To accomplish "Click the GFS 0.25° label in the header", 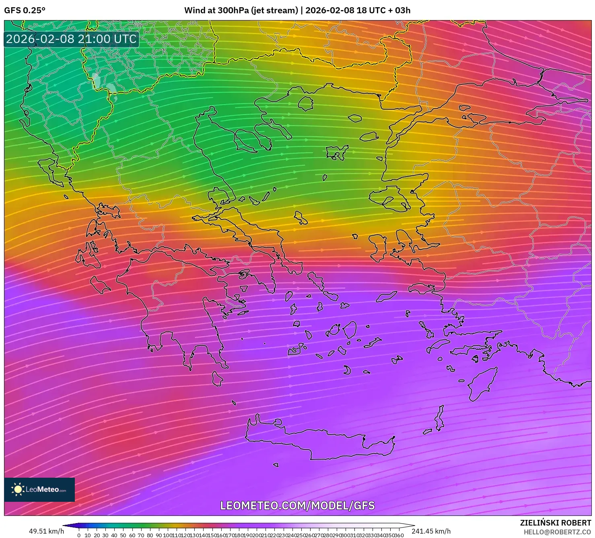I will tap(25, 10).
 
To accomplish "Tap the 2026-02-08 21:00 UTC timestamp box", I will tap(72, 39).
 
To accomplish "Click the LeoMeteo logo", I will tap(39, 489).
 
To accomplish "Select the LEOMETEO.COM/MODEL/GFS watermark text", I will tap(297, 505).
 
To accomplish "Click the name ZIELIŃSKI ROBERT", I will tap(555, 523).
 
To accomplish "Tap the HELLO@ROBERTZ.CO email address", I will tap(557, 532).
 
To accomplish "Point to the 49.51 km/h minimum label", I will tap(46, 531).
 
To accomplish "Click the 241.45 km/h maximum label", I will tap(431, 531).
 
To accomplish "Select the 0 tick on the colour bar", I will tap(79, 535).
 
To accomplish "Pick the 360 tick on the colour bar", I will tap(399, 535).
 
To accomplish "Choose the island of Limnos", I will tap(336, 152).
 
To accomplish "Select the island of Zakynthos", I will tap(100, 285).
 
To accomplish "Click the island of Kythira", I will tap(217, 378).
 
